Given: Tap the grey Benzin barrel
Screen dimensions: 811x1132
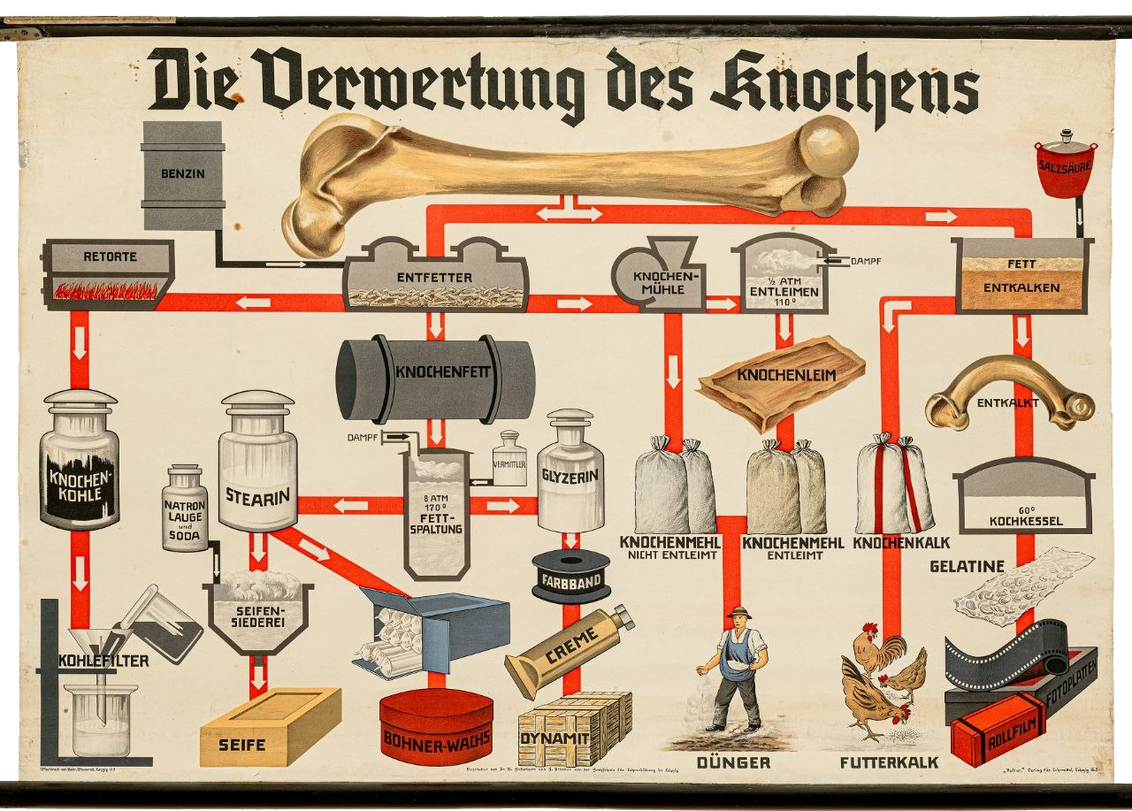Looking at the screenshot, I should [x=182, y=175].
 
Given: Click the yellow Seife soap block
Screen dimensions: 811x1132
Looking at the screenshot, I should [x=269, y=726].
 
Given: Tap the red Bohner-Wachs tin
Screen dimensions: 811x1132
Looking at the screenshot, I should [x=436, y=727].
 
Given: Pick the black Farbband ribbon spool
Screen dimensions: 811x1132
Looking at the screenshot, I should [x=571, y=576].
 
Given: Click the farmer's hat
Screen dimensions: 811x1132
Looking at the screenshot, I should [x=738, y=612].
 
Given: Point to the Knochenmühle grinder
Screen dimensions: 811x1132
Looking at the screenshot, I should [x=658, y=277].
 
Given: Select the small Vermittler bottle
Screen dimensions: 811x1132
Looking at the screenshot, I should [x=509, y=459].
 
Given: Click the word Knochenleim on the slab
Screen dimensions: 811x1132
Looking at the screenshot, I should [x=787, y=375].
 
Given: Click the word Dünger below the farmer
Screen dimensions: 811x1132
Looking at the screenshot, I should [x=733, y=762].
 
